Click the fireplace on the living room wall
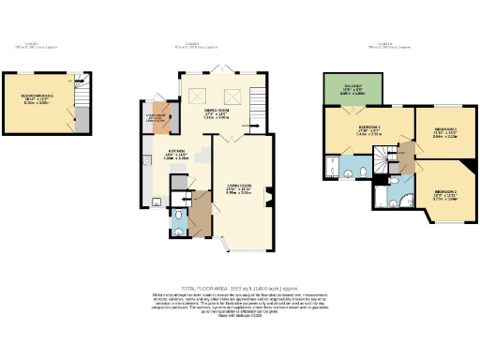point(270,196)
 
